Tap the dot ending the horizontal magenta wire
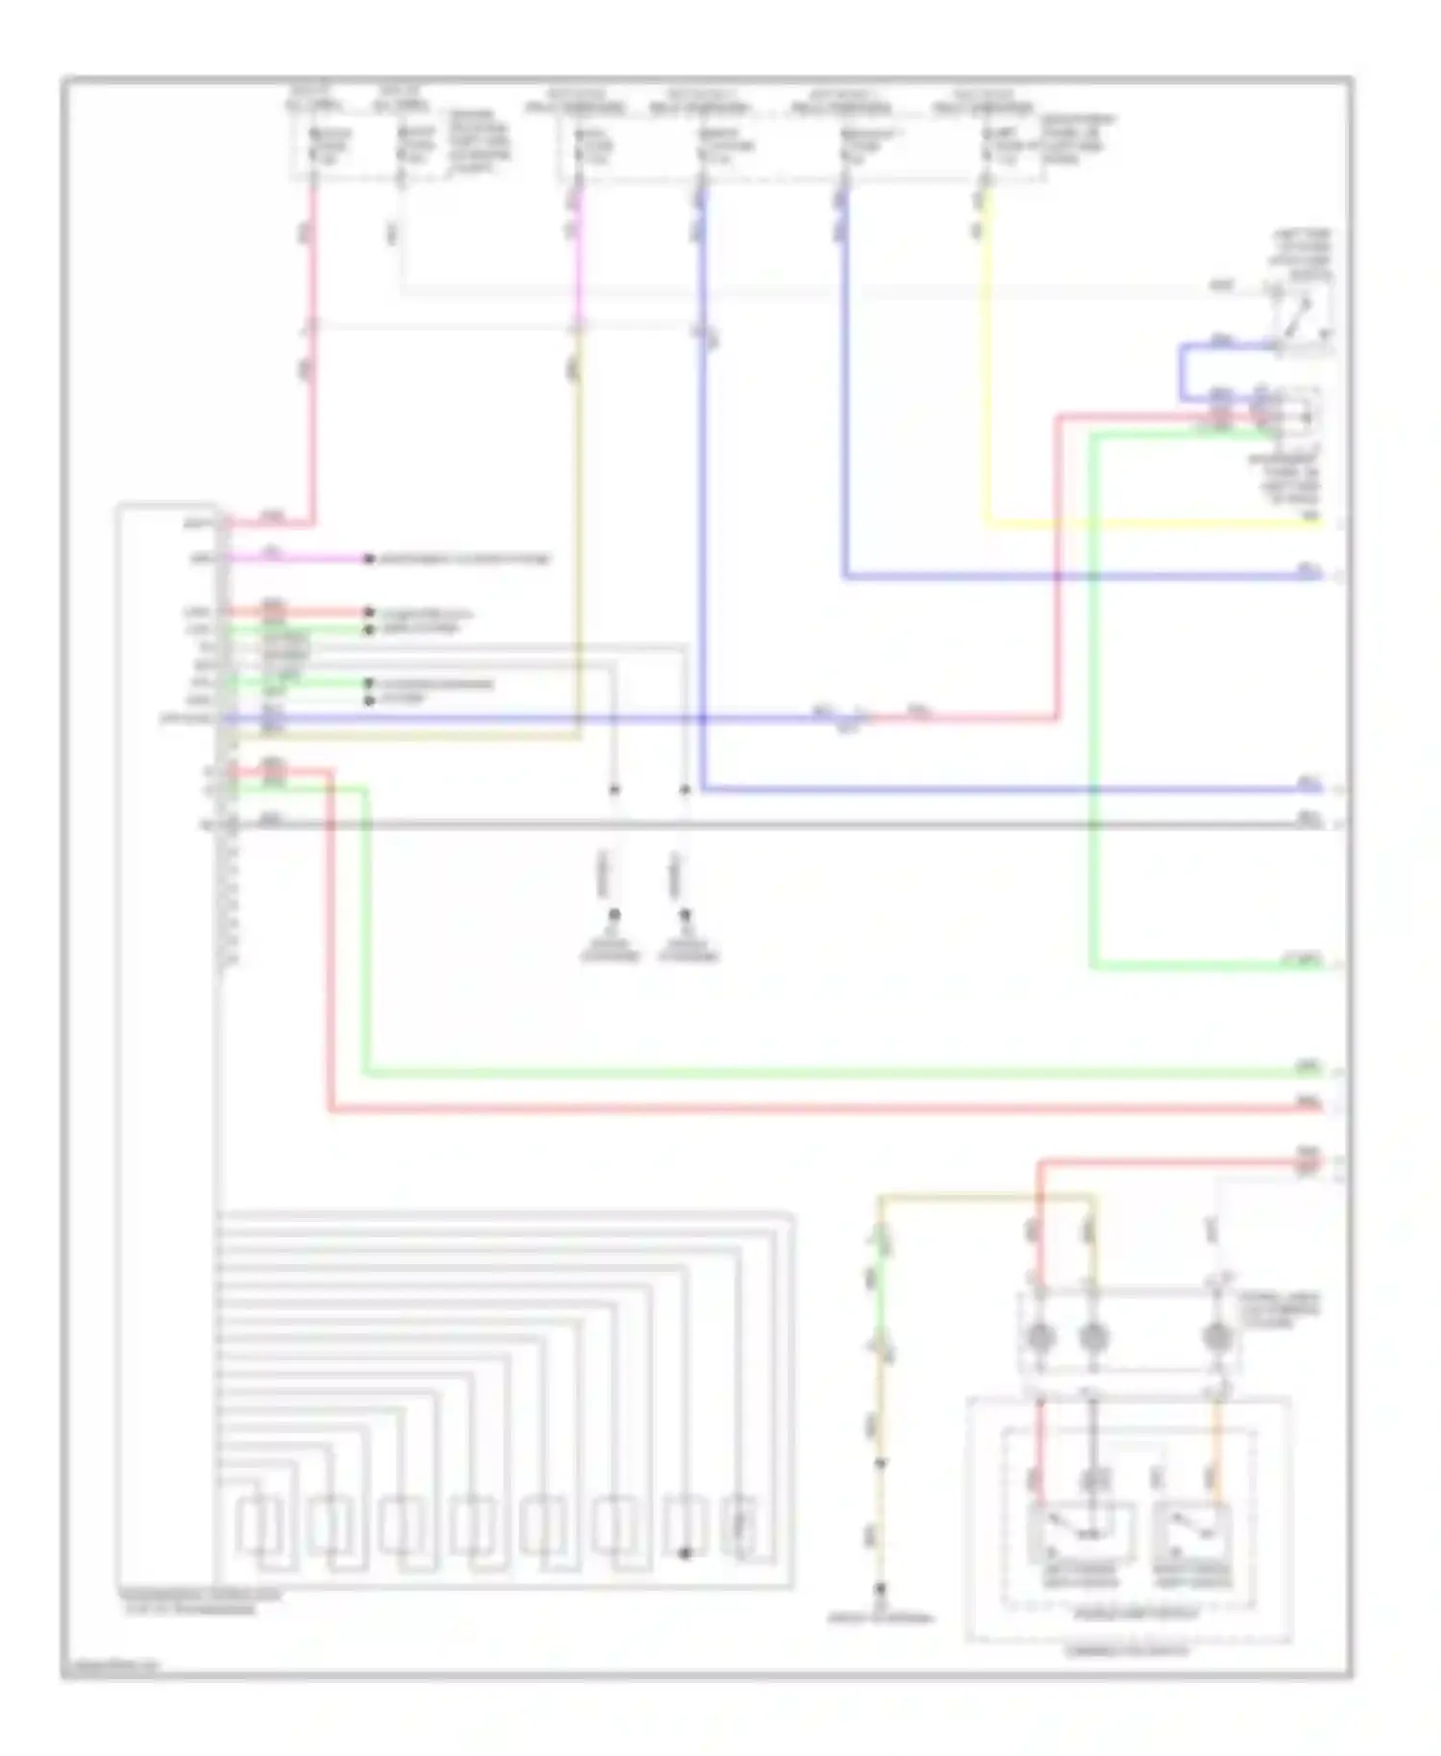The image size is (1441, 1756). click(368, 558)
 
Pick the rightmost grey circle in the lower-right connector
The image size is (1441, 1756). click(1216, 1336)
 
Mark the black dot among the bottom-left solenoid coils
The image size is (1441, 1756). click(684, 1552)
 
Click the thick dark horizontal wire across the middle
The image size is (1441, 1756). click(769, 824)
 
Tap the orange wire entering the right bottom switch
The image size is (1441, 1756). click(1216, 1451)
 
